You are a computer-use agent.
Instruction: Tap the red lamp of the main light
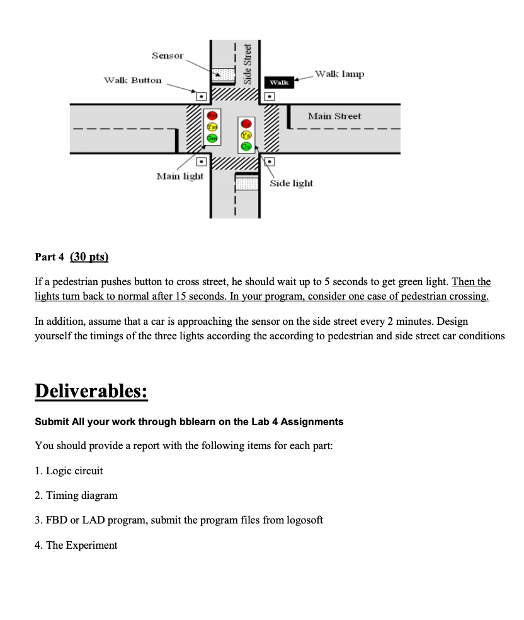coord(212,115)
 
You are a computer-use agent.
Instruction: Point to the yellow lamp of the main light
coord(212,126)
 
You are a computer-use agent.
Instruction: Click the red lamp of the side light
coord(246,123)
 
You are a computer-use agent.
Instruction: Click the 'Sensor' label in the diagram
coord(168,56)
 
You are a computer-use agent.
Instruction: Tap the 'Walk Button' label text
coord(132,80)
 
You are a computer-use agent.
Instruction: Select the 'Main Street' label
coord(334,116)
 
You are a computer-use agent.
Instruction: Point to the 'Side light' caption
coord(292,183)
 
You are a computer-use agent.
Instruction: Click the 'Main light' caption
coord(179,176)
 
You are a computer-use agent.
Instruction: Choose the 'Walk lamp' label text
coord(339,74)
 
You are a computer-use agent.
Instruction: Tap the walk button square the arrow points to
coord(202,97)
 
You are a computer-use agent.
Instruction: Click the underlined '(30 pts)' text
coord(89,257)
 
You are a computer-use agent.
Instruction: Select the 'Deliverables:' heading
coord(91,390)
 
